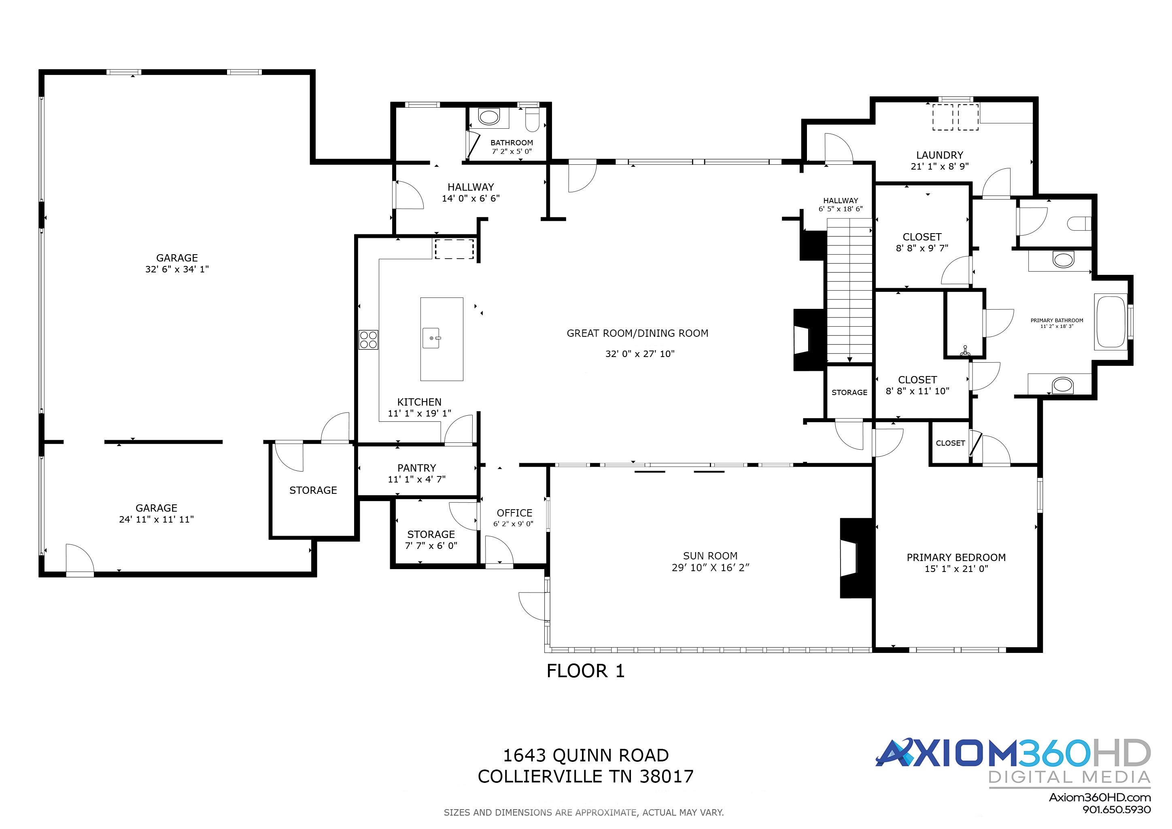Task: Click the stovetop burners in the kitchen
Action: (x=369, y=340)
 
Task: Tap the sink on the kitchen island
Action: (x=432, y=338)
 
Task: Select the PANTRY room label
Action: (x=416, y=468)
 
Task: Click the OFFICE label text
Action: (x=514, y=513)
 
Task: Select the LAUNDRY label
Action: (x=940, y=155)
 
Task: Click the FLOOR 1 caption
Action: (x=586, y=671)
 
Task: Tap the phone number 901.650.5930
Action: (x=1117, y=810)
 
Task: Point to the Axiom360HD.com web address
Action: (x=1100, y=797)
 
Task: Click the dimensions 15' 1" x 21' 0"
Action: (x=956, y=569)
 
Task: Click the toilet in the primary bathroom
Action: (x=1079, y=223)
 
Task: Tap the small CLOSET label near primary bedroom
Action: (x=950, y=443)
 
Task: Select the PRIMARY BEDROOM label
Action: (x=956, y=557)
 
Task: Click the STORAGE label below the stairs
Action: (x=849, y=393)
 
